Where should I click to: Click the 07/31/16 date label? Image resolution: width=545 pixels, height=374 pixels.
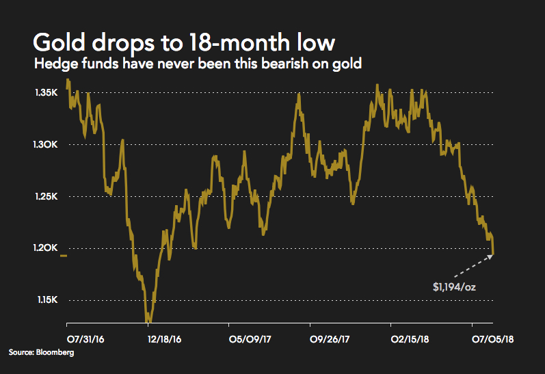86,338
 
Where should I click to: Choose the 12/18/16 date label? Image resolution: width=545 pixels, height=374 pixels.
165,338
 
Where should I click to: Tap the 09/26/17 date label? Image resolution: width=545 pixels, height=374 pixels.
330,338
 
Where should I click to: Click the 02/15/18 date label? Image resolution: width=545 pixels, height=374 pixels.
411,338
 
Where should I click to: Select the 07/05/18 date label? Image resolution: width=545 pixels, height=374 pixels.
492,338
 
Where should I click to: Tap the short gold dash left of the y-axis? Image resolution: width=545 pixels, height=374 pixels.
63,256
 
